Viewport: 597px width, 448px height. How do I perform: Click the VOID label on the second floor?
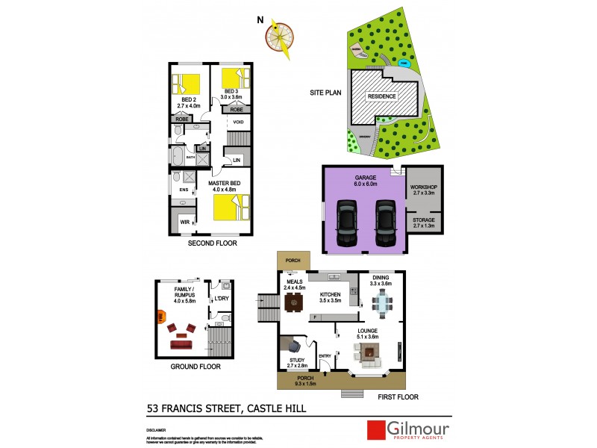(x=239, y=122)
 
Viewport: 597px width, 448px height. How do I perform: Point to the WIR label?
(x=184, y=222)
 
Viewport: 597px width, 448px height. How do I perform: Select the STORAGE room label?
(x=423, y=220)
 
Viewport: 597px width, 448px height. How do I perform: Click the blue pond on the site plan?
(x=404, y=64)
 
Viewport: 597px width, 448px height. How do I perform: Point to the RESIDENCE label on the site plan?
(x=381, y=96)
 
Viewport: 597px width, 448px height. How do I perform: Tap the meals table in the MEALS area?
(x=293, y=302)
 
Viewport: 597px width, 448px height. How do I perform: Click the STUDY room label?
(x=296, y=361)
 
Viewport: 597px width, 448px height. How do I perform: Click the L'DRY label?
(x=221, y=300)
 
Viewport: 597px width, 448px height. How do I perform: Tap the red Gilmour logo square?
(x=374, y=430)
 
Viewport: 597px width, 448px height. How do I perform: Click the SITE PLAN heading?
(x=325, y=93)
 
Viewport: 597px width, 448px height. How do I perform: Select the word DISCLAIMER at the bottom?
(x=157, y=431)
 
